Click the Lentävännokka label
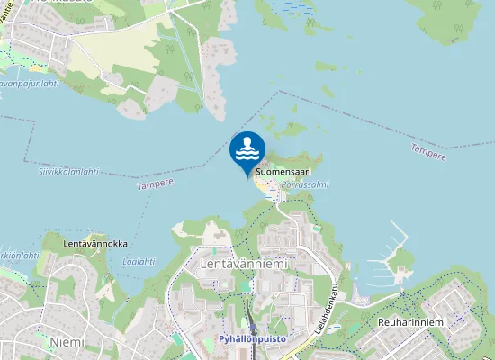95,244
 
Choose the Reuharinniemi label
414,322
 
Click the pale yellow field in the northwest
99,58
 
